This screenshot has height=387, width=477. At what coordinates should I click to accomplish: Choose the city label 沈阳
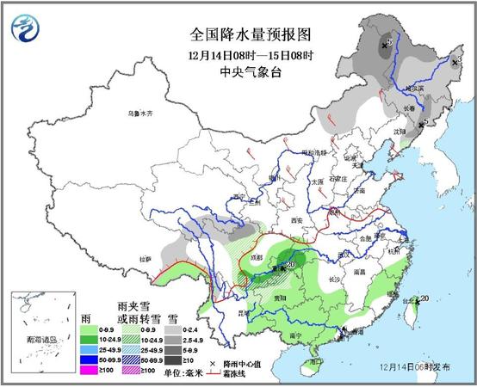398,132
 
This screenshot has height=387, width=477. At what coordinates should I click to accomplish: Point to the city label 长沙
337,279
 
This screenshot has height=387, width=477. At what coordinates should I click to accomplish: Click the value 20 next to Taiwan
424,298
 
